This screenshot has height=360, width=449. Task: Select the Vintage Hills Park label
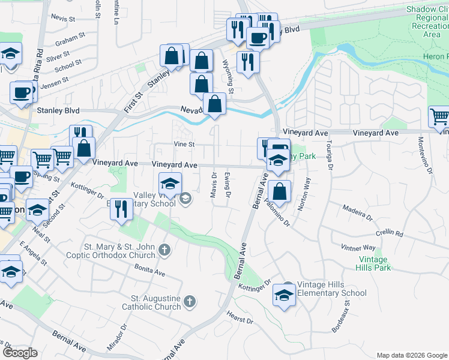[x=375, y=263]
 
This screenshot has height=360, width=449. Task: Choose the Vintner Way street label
[x=358, y=247]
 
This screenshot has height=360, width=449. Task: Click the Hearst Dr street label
[x=240, y=317]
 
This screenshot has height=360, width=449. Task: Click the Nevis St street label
[x=62, y=18]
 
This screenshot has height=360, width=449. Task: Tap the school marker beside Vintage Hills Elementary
[x=284, y=295]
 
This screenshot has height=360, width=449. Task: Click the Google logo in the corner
[x=20, y=353]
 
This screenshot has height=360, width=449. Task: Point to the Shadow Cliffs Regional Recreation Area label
[x=427, y=22]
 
